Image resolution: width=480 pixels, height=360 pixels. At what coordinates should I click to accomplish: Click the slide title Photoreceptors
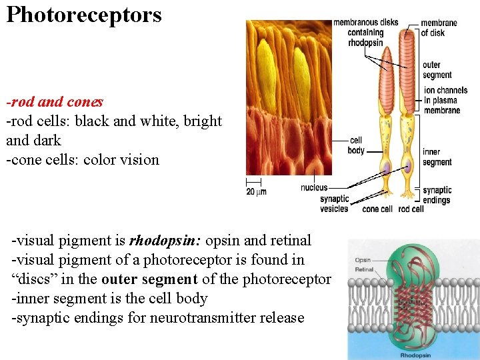click(x=84, y=14)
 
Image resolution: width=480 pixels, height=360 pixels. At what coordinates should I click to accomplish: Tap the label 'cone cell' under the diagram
click(x=377, y=209)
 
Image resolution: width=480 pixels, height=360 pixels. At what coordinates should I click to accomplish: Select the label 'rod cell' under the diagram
click(x=411, y=209)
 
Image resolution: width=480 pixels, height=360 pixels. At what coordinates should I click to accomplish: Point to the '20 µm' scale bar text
click(x=256, y=192)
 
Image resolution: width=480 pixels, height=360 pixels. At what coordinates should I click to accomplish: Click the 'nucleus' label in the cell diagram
click(x=314, y=188)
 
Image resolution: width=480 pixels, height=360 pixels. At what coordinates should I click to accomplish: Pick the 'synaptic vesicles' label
click(x=334, y=203)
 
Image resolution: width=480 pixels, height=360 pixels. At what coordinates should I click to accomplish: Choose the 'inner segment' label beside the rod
click(x=437, y=157)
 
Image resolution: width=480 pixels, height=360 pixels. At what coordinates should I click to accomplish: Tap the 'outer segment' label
click(x=437, y=70)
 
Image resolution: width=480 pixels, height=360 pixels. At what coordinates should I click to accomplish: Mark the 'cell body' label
click(x=356, y=145)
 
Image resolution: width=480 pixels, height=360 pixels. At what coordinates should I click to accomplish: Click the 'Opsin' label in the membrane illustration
click(x=363, y=260)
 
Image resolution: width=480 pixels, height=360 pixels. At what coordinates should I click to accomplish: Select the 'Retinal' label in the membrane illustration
click(x=364, y=270)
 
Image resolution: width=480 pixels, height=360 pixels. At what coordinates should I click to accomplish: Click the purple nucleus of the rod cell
click(x=407, y=167)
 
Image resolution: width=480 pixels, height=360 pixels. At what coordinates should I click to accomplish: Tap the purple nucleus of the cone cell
click(x=385, y=168)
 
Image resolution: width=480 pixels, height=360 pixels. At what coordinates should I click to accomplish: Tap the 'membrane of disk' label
click(x=438, y=27)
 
